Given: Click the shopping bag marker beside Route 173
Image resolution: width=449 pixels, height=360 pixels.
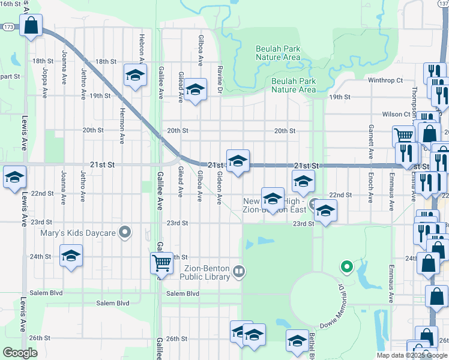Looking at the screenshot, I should point(30,26).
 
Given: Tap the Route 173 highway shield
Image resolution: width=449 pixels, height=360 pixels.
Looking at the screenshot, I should point(8,27).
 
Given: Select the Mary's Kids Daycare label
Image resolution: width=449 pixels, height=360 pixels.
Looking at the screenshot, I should point(79,232).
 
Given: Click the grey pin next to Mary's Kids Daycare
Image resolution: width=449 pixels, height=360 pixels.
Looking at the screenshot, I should point(125,231).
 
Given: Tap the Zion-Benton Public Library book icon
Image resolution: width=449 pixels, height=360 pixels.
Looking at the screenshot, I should point(239,272).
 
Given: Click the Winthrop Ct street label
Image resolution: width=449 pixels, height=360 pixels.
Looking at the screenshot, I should point(385,80).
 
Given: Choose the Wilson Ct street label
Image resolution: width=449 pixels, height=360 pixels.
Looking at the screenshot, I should point(396,114).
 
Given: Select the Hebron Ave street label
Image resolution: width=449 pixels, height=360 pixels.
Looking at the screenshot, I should point(142,47).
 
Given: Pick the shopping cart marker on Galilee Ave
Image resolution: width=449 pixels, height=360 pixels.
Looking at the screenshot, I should point(161,263).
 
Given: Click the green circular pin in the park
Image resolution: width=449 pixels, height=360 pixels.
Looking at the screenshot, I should point(346,266).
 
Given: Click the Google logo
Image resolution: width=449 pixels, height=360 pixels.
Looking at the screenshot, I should point(20,353).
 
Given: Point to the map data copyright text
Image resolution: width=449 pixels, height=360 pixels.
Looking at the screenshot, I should point(411,355).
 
